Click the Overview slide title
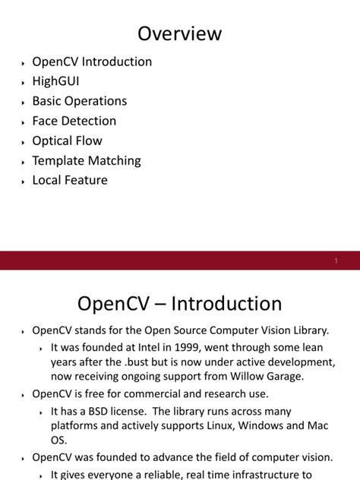pyautogui.click(x=180, y=33)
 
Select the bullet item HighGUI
pyautogui.click(x=55, y=81)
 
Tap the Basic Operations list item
pyautogui.click(x=79, y=101)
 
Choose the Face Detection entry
pyautogui.click(x=74, y=121)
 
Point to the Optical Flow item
pyautogui.click(x=67, y=141)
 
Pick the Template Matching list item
pyautogui.click(x=86, y=160)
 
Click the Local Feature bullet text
pyautogui.click(x=69, y=180)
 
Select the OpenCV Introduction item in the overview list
pyautogui.click(x=92, y=62)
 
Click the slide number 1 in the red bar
pyautogui.click(x=336, y=261)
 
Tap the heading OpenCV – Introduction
pyautogui.click(x=180, y=304)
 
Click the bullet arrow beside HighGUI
pyautogui.click(x=23, y=83)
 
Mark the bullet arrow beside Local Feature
pyautogui.click(x=23, y=182)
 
